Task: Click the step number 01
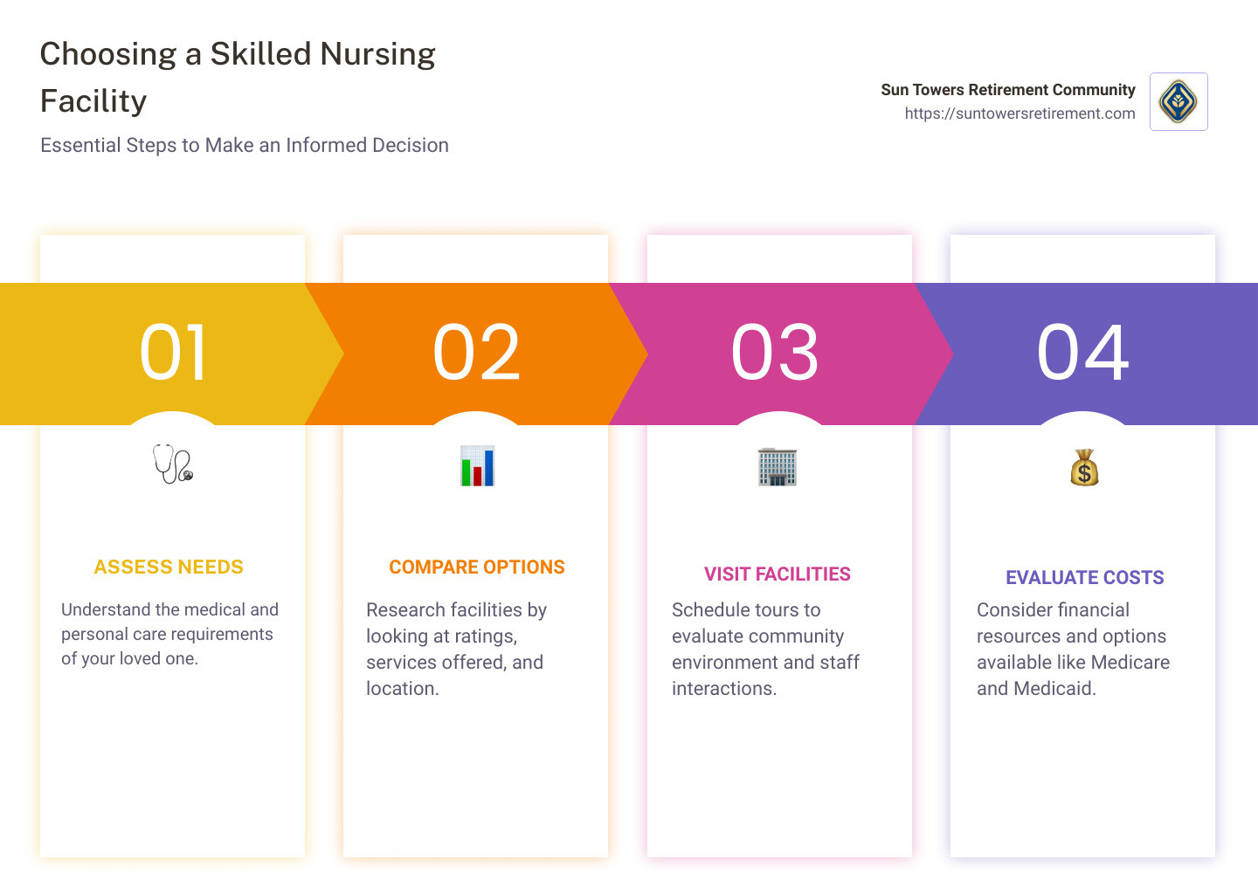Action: pos(174,353)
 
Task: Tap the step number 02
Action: pos(477,353)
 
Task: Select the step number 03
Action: pos(776,353)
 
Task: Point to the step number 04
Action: pos(1083,353)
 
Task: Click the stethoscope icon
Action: pos(173,464)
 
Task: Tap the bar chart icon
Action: pos(477,466)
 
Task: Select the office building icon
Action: pos(778,466)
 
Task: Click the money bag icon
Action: pos(1084,468)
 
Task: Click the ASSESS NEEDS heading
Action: pos(169,567)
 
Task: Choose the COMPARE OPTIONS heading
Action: pos(477,567)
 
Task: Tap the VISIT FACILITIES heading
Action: pos(778,574)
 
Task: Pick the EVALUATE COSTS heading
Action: pos(1085,578)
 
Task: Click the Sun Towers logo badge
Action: pos(1179,102)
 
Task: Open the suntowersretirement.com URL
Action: pos(1020,113)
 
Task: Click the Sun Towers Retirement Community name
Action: pos(1008,90)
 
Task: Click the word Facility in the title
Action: pos(93,102)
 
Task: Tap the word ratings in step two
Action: pos(486,636)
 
